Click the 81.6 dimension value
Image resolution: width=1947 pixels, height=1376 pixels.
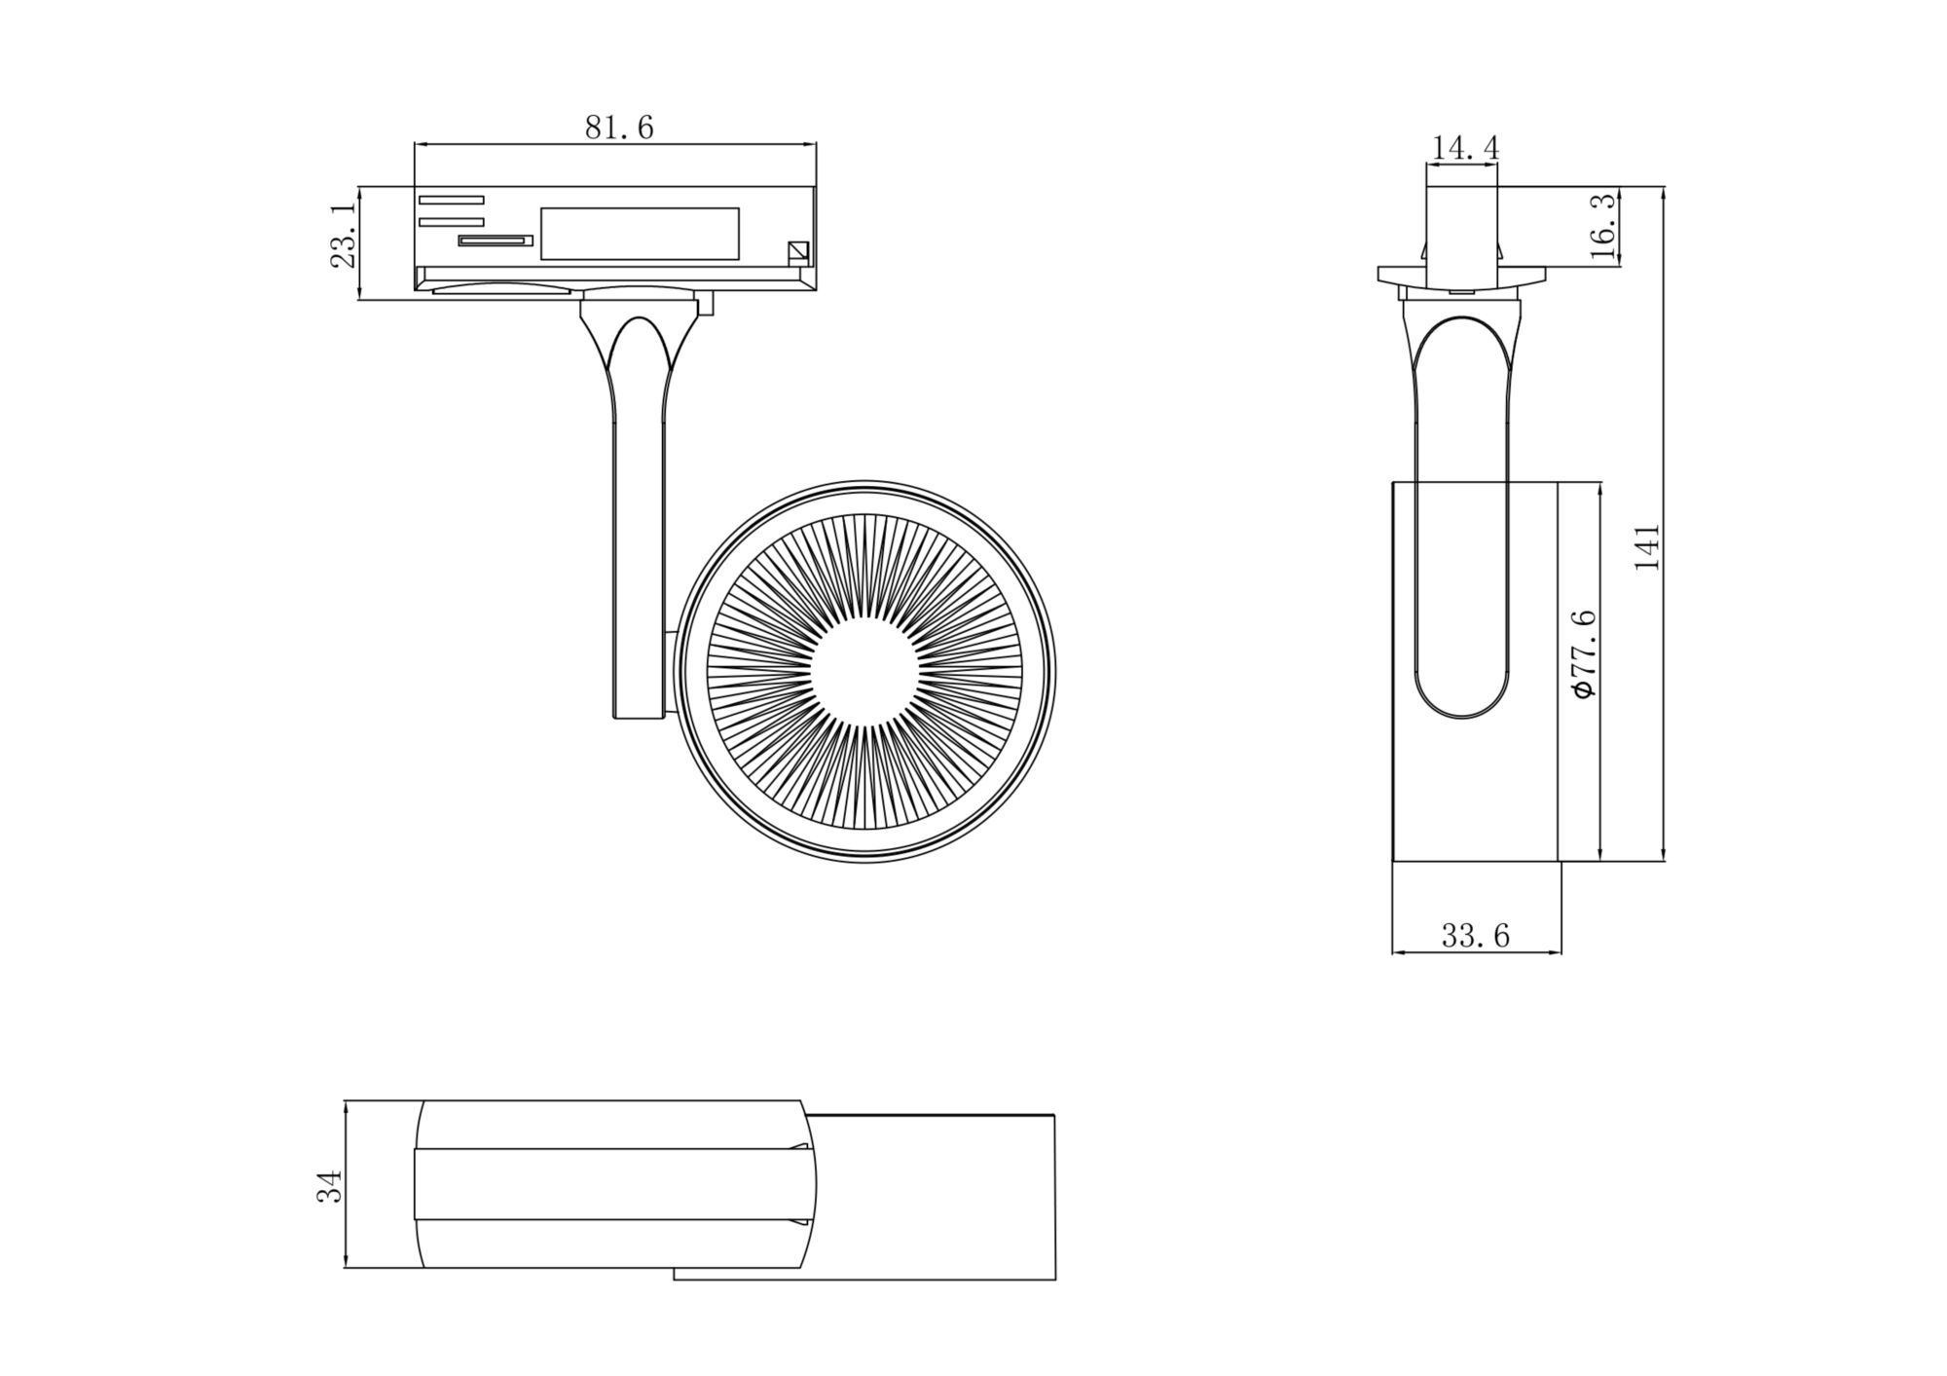(x=619, y=128)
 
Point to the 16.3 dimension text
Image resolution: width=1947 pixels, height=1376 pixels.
(x=1602, y=226)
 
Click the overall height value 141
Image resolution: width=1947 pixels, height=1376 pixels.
(x=1646, y=546)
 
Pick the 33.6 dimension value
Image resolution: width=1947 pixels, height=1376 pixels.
(x=1475, y=936)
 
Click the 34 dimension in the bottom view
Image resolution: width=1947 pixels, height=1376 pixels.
(x=330, y=1186)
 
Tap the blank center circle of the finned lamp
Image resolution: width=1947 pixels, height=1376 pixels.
(x=864, y=671)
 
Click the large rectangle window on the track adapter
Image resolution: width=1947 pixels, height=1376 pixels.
(x=640, y=234)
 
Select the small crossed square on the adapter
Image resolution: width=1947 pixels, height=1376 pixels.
(x=798, y=252)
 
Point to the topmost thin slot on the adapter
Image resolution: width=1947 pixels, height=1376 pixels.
(x=451, y=200)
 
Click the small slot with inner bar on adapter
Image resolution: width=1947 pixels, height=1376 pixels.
(x=496, y=240)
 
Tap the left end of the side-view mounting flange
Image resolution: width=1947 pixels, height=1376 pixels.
(x=1381, y=275)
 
